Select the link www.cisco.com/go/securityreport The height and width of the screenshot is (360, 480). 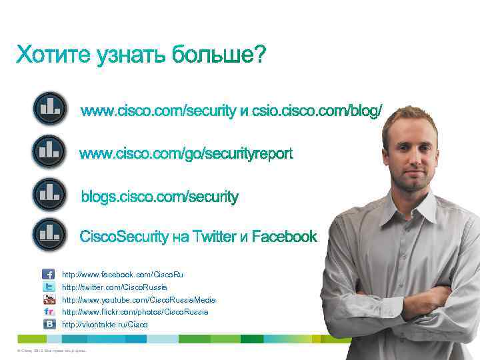(187, 155)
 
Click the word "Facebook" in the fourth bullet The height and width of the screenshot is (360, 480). (285, 237)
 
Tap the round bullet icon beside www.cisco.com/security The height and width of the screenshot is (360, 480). (49, 109)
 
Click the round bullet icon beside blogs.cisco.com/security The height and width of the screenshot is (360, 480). (49, 194)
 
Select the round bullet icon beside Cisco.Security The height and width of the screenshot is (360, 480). (49, 234)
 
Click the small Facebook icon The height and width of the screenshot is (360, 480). (49, 274)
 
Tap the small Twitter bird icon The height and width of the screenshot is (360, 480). (49, 287)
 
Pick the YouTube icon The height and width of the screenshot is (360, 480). (49, 299)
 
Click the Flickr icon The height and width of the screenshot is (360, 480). (49, 311)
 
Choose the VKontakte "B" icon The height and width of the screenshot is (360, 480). (49, 324)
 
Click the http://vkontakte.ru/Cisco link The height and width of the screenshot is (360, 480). (105, 325)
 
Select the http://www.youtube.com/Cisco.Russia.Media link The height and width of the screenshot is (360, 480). (139, 299)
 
